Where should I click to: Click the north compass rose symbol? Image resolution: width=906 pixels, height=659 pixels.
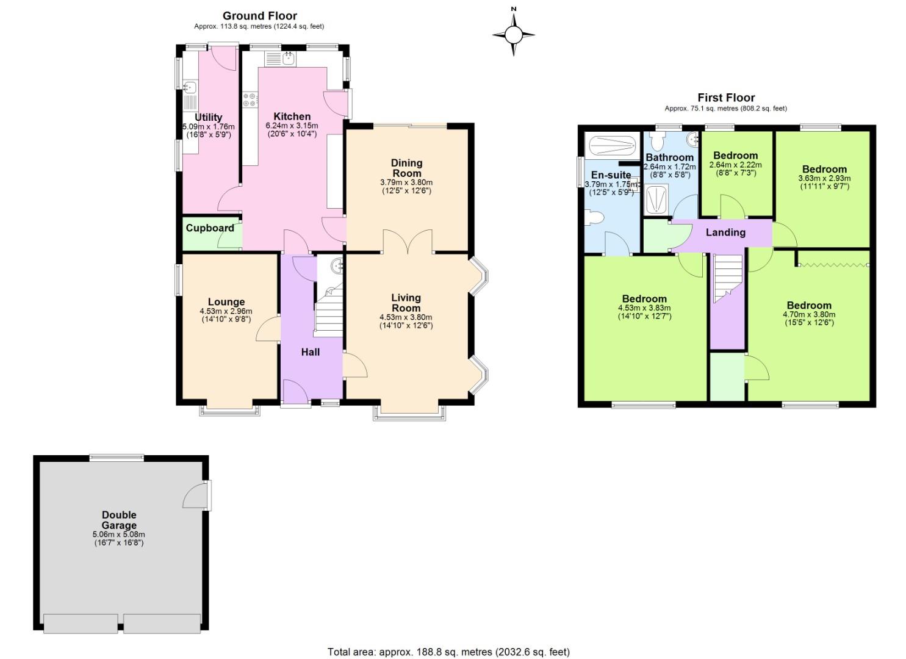(513, 34)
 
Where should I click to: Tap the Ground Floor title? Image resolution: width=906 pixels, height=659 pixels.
(259, 16)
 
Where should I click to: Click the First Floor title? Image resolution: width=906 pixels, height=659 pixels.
(726, 98)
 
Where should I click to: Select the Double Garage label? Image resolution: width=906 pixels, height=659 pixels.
(119, 520)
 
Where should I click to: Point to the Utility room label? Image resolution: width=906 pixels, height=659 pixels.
(208, 117)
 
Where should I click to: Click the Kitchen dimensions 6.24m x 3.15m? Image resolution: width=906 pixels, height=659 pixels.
(292, 126)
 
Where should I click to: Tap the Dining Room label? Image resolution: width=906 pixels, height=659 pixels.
(406, 168)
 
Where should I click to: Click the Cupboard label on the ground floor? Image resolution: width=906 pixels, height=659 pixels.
(209, 228)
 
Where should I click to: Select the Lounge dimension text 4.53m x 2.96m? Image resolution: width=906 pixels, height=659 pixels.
(226, 311)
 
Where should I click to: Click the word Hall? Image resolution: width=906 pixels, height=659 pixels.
(310, 352)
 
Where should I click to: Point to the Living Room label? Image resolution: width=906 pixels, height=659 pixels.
(406, 303)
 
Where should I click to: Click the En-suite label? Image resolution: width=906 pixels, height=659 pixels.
(611, 175)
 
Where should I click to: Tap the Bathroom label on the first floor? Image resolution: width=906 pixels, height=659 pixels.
(669, 157)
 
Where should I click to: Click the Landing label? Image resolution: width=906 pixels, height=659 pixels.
(725, 232)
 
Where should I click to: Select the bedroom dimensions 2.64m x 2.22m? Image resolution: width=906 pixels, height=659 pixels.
(735, 165)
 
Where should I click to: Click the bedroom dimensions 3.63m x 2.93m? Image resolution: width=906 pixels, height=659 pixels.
(824, 179)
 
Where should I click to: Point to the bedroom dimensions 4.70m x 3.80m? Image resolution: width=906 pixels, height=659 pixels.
(809, 315)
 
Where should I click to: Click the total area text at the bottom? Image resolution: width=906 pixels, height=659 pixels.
(448, 652)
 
